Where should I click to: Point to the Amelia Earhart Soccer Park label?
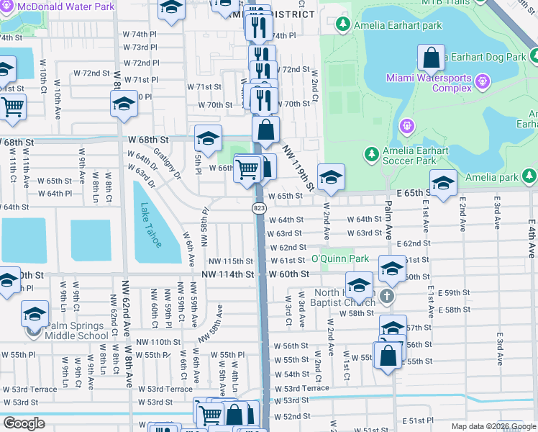coord(416,156)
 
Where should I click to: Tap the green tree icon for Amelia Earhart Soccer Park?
coord(371,154)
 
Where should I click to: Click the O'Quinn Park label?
coord(339,259)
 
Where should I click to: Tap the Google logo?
coord(24,423)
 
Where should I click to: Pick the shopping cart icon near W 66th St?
coord(247,168)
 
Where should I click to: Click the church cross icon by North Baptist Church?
coord(387,297)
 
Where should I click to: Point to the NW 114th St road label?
coord(227,274)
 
